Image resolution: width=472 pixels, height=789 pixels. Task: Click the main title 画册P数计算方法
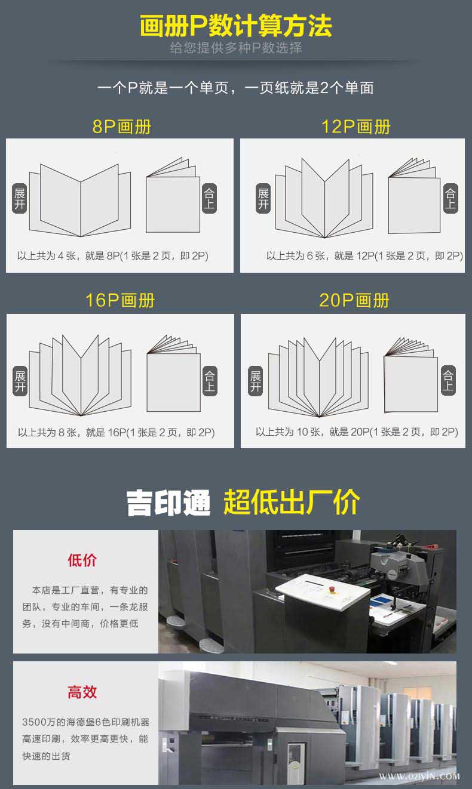tap(236, 26)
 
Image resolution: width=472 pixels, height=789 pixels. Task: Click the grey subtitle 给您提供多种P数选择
tap(236, 48)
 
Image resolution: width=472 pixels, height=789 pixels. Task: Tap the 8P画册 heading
tap(122, 127)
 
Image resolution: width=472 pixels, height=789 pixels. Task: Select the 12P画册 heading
tap(356, 127)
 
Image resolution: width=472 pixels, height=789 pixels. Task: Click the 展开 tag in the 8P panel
tap(20, 199)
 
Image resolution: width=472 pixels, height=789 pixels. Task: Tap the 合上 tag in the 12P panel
tap(450, 199)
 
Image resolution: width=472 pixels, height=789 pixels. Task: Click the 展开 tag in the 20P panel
tap(256, 381)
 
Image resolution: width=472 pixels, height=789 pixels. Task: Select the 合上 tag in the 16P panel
tap(209, 381)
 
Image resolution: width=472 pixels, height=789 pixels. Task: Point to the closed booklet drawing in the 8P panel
tap(173, 198)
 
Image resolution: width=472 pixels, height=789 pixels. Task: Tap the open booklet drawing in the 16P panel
tap(80, 376)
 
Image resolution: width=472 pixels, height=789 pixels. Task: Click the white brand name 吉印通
tap(168, 503)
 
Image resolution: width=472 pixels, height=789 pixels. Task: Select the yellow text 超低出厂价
tap(292, 503)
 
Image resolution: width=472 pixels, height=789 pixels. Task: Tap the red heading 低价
tap(82, 560)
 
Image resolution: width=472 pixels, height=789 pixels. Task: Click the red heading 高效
tap(82, 692)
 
